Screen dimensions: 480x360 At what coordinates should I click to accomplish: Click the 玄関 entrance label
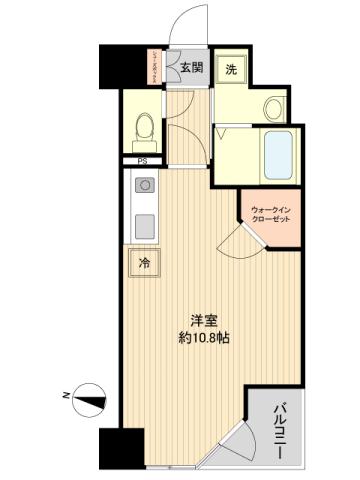[x=191, y=68]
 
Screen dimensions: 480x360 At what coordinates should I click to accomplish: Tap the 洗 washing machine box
[x=231, y=69]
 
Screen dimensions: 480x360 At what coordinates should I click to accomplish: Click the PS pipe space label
[x=142, y=160]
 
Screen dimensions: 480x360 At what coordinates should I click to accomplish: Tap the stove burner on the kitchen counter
[x=142, y=186]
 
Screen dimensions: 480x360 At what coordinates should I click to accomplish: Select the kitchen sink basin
[x=142, y=221]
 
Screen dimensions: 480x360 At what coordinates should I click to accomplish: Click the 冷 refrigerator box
[x=143, y=264]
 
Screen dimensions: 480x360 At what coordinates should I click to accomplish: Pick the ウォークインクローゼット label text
[x=267, y=211]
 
